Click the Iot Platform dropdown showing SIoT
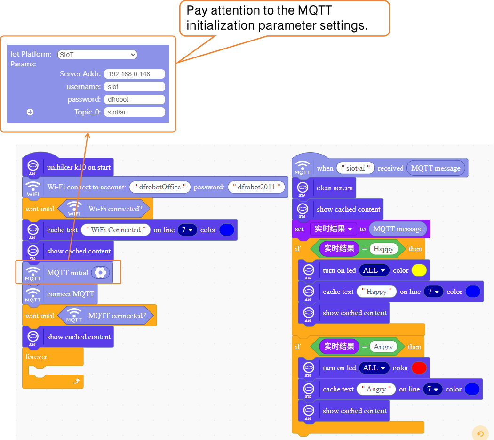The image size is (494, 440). pyautogui.click(x=97, y=55)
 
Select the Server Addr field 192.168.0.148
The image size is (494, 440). pyautogui.click(x=134, y=74)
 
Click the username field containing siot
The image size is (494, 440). pyautogui.click(x=134, y=87)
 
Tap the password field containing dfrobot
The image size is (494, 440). pyautogui.click(x=134, y=99)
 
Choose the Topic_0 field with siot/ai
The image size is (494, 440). pyautogui.click(x=134, y=112)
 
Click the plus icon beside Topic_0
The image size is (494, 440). pyautogui.click(x=30, y=112)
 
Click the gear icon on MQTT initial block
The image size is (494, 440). pyautogui.click(x=100, y=272)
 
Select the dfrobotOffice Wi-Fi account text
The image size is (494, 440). pyautogui.click(x=160, y=187)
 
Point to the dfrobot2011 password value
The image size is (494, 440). pyautogui.click(x=257, y=187)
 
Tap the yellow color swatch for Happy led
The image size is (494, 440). pyautogui.click(x=419, y=270)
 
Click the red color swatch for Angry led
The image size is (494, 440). pyautogui.click(x=419, y=368)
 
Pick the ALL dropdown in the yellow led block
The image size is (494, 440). pyautogui.click(x=374, y=270)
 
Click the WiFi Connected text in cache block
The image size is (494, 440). pyautogui.click(x=116, y=230)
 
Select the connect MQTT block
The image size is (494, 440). pyautogui.click(x=71, y=294)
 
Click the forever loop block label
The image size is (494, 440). pyautogui.click(x=37, y=357)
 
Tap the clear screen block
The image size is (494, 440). pyautogui.click(x=335, y=188)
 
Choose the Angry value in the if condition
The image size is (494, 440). pyautogui.click(x=383, y=347)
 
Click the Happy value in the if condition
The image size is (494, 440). pyautogui.click(x=383, y=249)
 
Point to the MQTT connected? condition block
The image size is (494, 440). pyautogui.click(x=117, y=316)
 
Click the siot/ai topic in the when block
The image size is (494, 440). pyautogui.click(x=355, y=168)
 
